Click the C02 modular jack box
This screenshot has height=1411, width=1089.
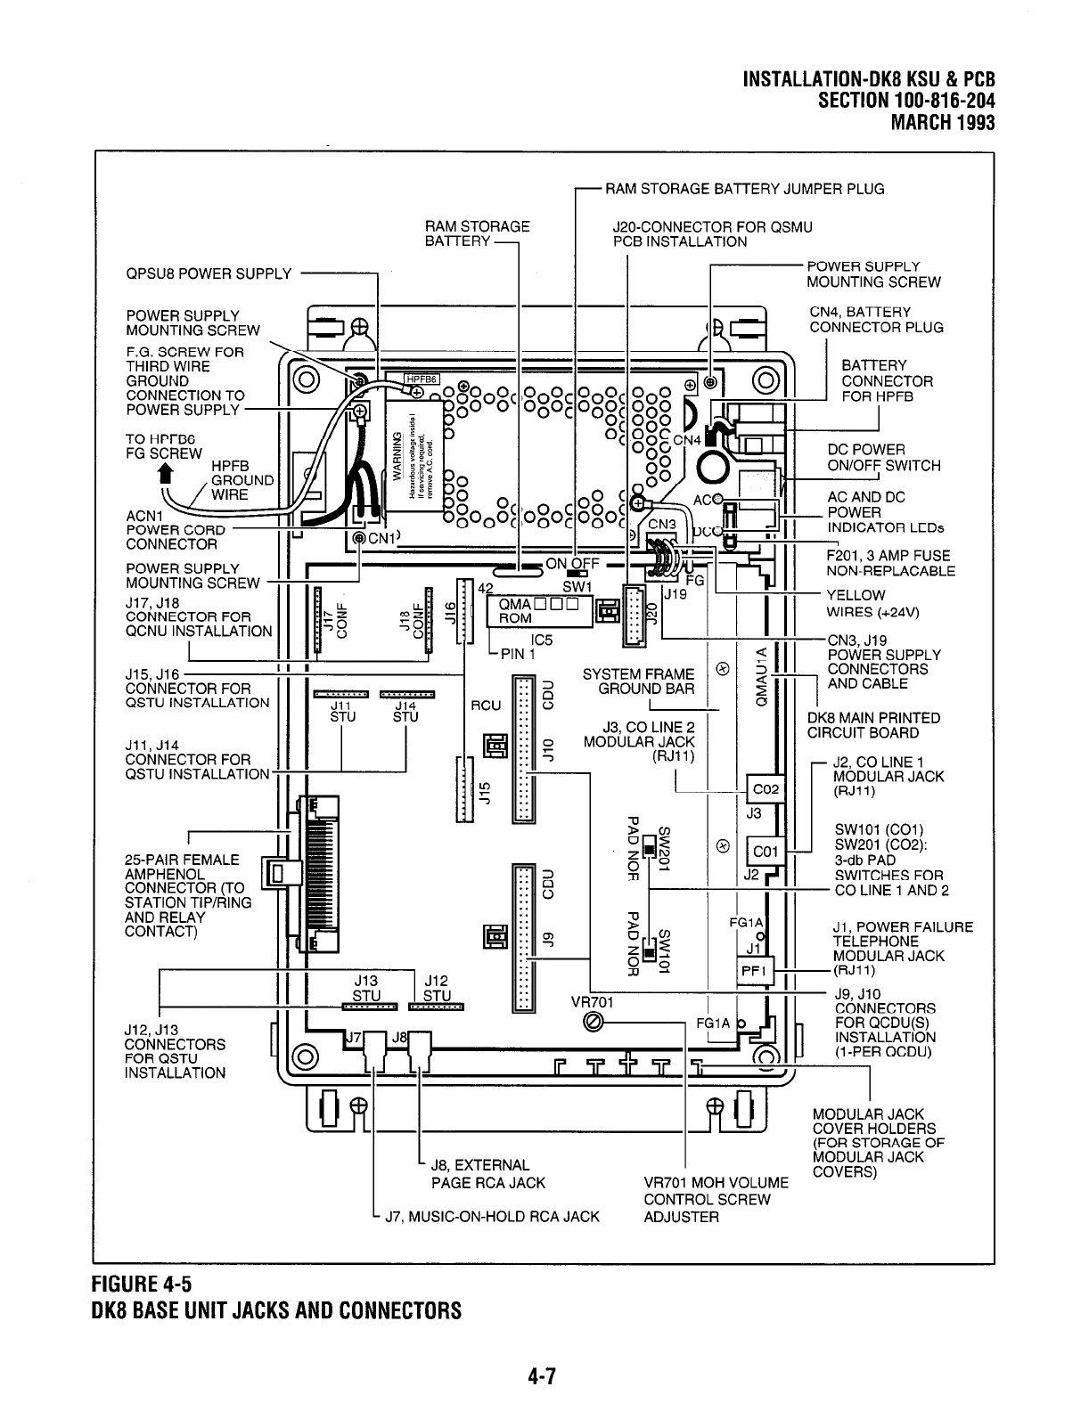coord(766,789)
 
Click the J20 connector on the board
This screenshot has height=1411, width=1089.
coord(639,615)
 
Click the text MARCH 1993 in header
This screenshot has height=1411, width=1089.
coord(942,122)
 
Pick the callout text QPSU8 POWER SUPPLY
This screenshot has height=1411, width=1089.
coord(209,273)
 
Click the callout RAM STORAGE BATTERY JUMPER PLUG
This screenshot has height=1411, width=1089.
coord(744,188)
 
